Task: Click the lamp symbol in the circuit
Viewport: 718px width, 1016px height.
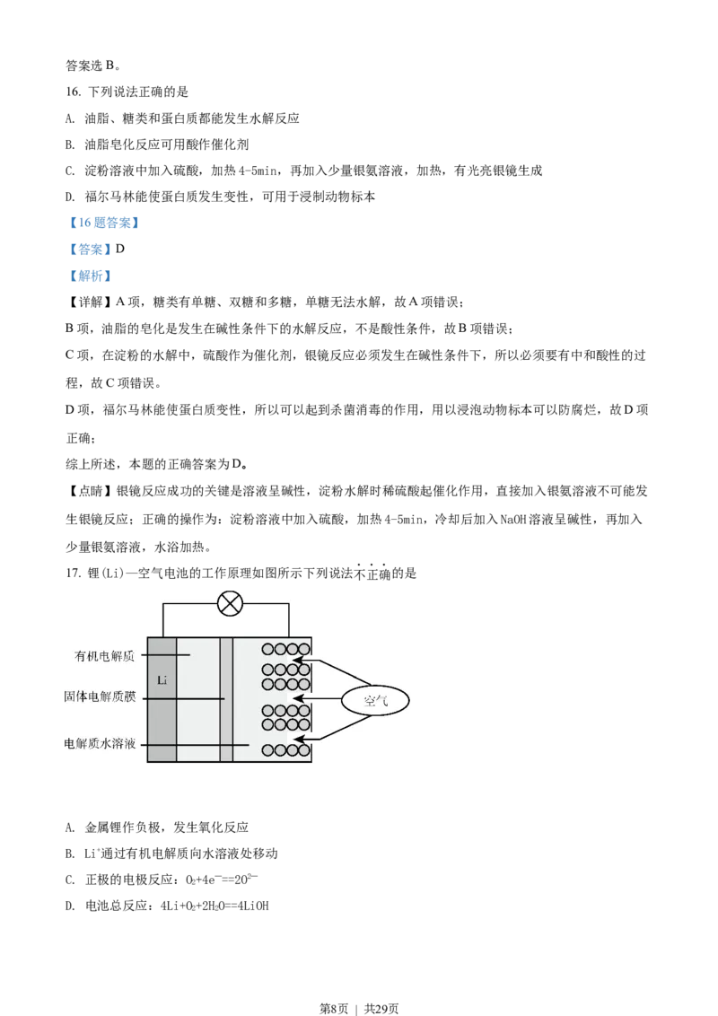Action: click(231, 603)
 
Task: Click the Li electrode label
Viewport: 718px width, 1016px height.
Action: click(162, 680)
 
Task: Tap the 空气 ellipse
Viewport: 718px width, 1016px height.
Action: click(375, 700)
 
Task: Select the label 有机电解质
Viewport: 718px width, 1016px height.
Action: click(104, 656)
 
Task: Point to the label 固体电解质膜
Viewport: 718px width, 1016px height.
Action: click(100, 696)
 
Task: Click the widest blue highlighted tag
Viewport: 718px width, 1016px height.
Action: click(104, 223)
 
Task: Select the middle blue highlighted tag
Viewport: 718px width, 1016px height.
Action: click(90, 250)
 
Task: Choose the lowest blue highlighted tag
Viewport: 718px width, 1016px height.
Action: click(90, 276)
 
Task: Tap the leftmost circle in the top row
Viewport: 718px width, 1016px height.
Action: click(267, 649)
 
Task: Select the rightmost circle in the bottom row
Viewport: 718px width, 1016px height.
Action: click(304, 750)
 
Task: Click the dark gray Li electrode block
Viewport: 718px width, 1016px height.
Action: click(162, 718)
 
